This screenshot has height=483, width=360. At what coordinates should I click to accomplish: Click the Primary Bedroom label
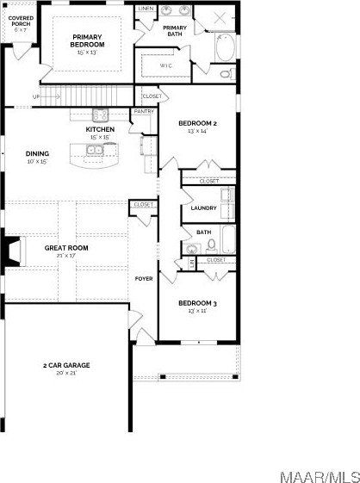[x=88, y=40]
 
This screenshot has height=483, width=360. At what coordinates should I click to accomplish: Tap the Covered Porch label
[x=21, y=21]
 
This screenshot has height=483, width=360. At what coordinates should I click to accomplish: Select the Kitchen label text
[x=100, y=130]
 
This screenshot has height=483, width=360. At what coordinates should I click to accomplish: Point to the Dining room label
[x=37, y=154]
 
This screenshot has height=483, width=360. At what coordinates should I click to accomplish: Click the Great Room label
[x=66, y=248]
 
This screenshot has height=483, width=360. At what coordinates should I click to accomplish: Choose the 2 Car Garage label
[x=66, y=365]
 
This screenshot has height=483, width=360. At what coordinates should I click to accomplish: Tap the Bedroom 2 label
[x=197, y=124]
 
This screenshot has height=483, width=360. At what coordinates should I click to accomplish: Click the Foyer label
[x=143, y=278]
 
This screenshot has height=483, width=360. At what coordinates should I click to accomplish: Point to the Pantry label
[x=142, y=111]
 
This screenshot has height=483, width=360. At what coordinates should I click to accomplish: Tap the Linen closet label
[x=146, y=8]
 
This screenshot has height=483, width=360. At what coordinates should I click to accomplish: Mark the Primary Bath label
[x=175, y=31]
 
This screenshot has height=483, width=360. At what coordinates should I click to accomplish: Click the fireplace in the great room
[x=9, y=251]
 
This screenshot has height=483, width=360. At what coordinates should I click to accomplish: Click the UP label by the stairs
[x=36, y=96]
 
